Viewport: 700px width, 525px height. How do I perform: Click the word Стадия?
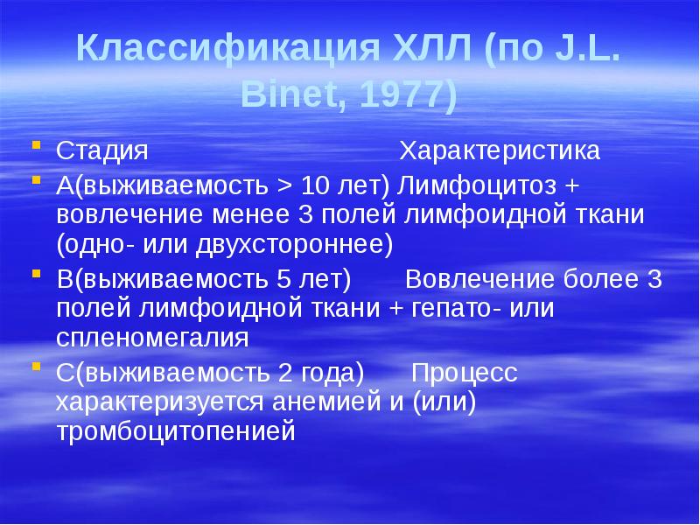(101, 150)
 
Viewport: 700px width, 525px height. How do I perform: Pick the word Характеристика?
(500, 150)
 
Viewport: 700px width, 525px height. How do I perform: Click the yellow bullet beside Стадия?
(36, 146)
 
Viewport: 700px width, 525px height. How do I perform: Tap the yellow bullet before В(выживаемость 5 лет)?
(36, 275)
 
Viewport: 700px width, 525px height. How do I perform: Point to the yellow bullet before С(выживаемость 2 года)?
(36, 368)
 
